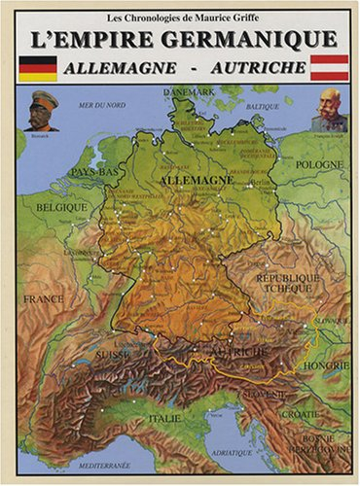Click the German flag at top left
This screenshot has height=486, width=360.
(39, 67)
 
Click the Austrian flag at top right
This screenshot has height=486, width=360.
(329, 67)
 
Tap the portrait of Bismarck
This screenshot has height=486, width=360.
(41, 110)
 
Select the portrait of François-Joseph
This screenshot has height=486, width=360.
(329, 110)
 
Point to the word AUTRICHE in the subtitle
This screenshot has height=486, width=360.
(260, 70)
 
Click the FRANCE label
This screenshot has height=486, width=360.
(44, 298)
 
